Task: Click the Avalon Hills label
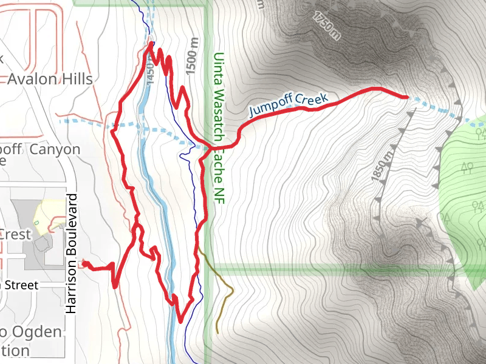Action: pyautogui.click(x=50, y=79)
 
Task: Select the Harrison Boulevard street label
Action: pyautogui.click(x=72, y=254)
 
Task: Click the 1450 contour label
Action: pyautogui.click(x=151, y=72)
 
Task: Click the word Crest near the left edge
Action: pyautogui.click(x=12, y=234)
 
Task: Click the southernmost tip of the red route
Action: pyautogui.click(x=180, y=321)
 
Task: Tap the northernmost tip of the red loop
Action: pyautogui.click(x=151, y=44)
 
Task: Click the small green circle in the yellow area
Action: pyautogui.click(x=36, y=223)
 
